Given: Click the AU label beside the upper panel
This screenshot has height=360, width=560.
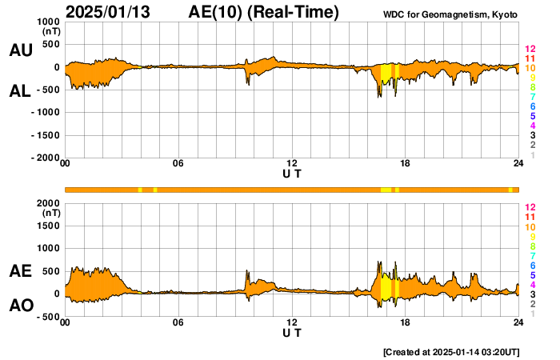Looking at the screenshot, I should pos(21,50).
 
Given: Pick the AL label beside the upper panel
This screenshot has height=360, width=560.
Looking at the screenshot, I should pos(21,91).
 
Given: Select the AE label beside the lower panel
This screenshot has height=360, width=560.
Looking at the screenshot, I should pos(21,272).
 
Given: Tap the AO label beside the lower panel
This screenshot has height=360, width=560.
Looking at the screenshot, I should pos(21,306).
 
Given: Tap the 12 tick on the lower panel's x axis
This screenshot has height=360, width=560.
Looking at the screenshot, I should pos(292,322).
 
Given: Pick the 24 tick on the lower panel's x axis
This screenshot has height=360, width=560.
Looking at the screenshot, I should pos(518,322).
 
